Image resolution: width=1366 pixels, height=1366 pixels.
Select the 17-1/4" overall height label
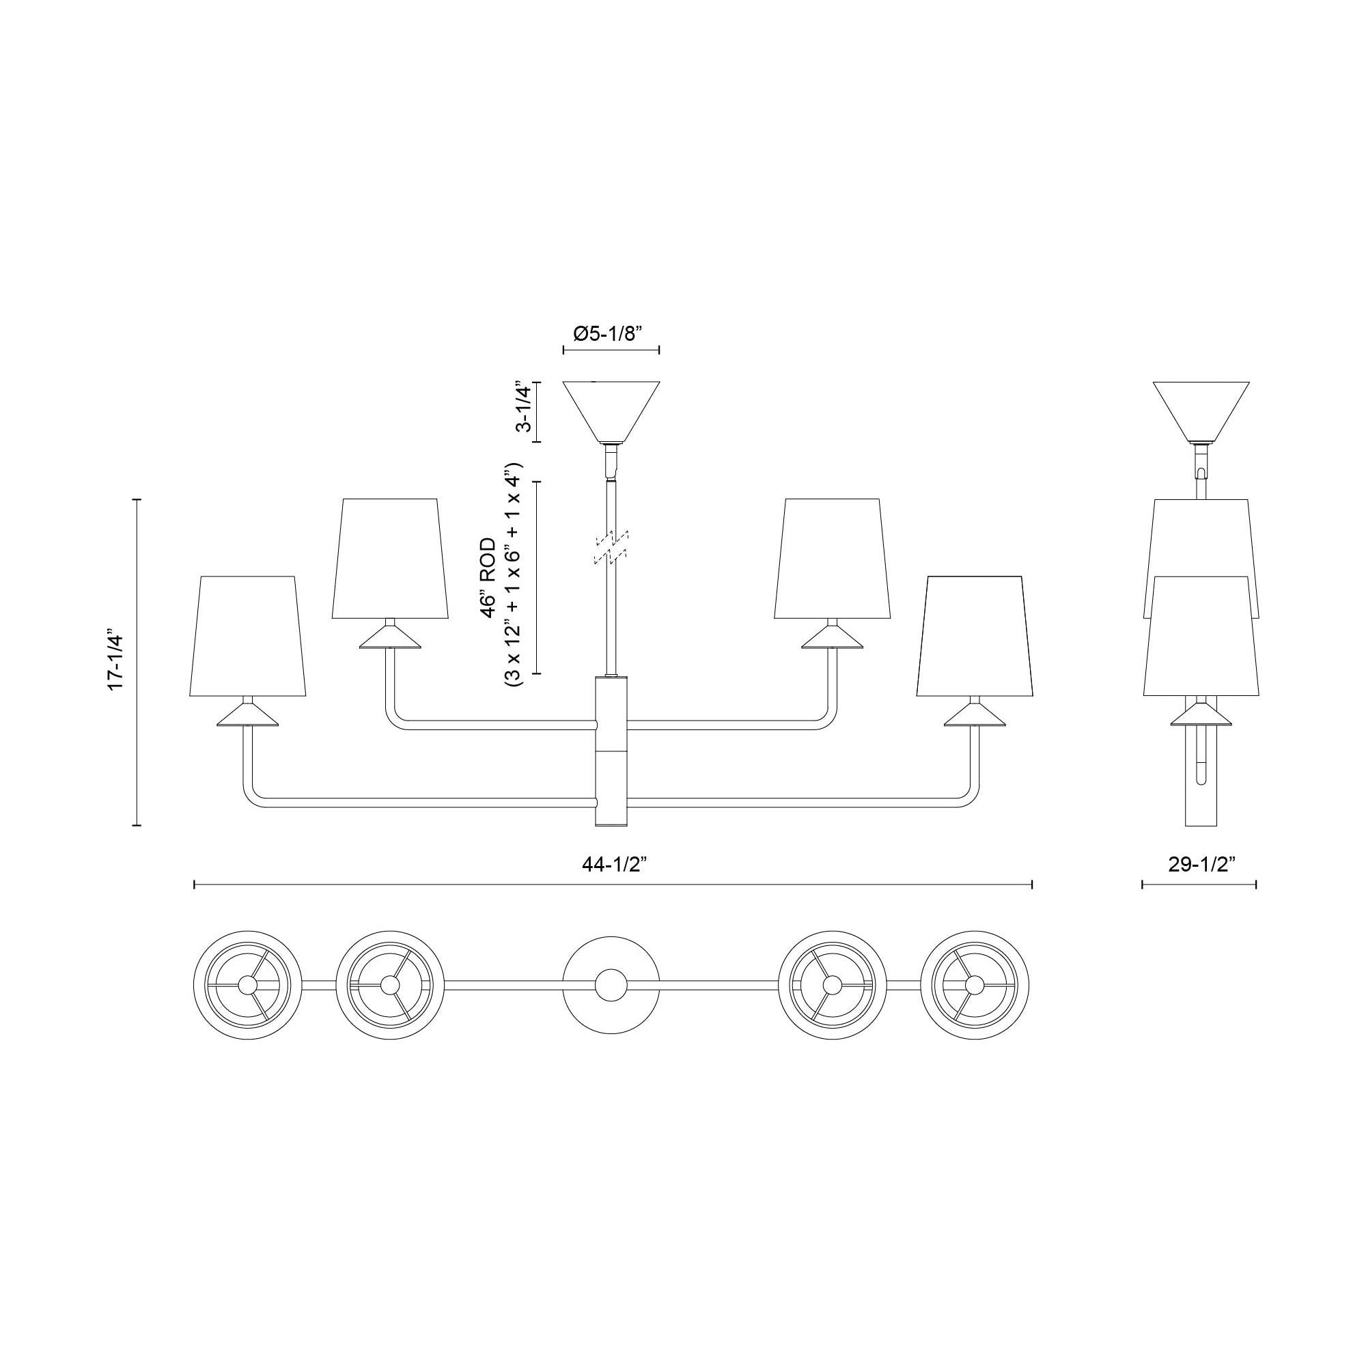pos(116,660)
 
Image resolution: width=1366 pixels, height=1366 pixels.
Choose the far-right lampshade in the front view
pos(976,636)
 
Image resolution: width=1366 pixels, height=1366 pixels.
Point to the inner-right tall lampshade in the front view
pos(832,558)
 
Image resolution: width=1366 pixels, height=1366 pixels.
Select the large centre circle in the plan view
pos(611,984)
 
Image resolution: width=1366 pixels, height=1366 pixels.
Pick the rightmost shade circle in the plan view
pos(976,984)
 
